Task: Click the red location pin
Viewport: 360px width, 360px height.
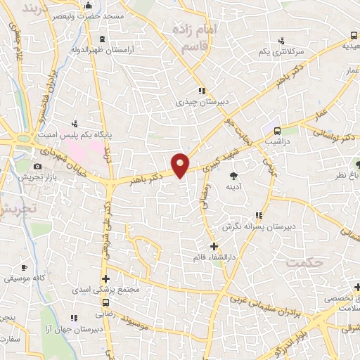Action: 181,164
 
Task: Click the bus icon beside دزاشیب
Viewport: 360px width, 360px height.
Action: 277,130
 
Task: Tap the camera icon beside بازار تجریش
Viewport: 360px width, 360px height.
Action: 37,166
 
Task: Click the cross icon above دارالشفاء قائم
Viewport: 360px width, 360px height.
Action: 214,247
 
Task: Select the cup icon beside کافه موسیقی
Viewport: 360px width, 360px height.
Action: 23,268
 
